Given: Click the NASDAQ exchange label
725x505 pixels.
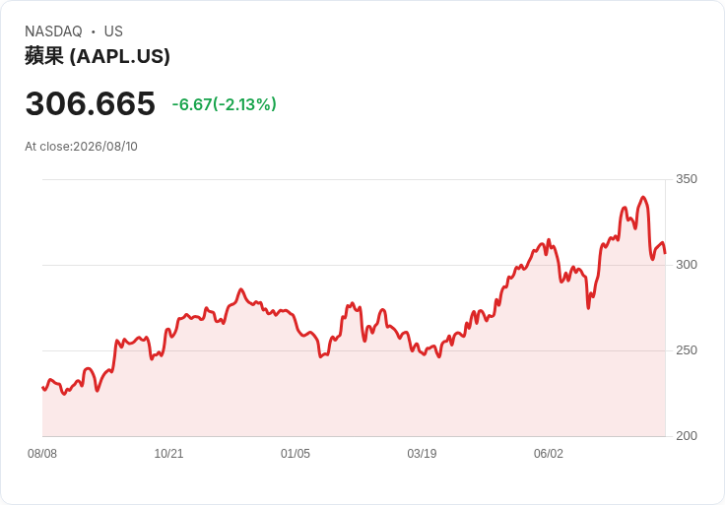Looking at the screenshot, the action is click(x=53, y=32).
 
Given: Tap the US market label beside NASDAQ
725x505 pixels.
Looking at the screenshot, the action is click(x=113, y=32).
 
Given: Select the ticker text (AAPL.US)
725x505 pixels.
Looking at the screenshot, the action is click(x=120, y=56).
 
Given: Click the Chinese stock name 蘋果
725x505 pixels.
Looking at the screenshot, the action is click(x=44, y=56).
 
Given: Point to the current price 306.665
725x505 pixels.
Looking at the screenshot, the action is click(x=91, y=103).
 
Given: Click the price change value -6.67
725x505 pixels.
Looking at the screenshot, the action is click(x=192, y=104).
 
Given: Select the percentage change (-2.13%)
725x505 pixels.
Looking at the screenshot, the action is click(x=244, y=104).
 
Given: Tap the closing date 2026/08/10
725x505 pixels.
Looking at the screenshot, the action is click(x=105, y=147).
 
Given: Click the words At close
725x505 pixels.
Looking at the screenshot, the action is click(x=47, y=147).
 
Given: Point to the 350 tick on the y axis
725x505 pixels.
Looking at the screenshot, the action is click(x=687, y=179).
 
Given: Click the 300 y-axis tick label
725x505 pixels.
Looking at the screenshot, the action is click(x=687, y=265).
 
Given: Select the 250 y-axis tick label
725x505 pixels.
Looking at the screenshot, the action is click(x=687, y=350).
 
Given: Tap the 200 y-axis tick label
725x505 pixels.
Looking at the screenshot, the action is click(x=687, y=436).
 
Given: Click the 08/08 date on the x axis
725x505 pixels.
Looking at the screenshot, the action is click(x=42, y=454).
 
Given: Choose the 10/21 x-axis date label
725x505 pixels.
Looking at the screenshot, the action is click(x=168, y=454).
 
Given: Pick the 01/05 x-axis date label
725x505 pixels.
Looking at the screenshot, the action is click(x=295, y=454).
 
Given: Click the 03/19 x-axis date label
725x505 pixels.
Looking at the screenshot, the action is click(x=422, y=454).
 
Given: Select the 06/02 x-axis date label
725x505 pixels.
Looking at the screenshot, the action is click(x=549, y=454).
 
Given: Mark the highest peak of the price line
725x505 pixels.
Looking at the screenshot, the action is click(x=643, y=197).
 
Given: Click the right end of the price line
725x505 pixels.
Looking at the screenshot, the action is click(x=665, y=252).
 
